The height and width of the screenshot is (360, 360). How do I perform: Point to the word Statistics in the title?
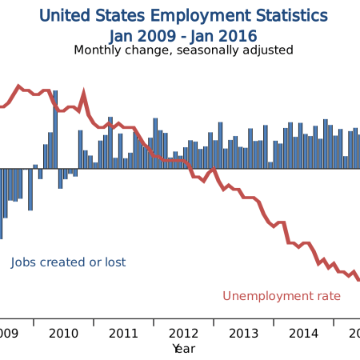pyautogui.click(x=290, y=16)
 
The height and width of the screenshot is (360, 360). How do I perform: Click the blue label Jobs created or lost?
pyautogui.click(x=68, y=262)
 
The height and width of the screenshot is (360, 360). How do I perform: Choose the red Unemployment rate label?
pyautogui.click(x=282, y=296)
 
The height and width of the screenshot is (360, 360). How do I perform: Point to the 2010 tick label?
pyautogui.click(x=63, y=333)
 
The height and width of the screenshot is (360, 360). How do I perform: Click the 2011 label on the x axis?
pyautogui.click(x=123, y=333)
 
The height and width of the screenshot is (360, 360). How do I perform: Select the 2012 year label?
pyautogui.click(x=183, y=333)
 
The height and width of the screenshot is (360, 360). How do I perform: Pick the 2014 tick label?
pyautogui.click(x=303, y=333)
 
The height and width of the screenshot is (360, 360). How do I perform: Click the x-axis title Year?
pyautogui.click(x=183, y=348)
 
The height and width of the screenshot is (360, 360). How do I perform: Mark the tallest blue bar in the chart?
pyautogui.click(x=55, y=128)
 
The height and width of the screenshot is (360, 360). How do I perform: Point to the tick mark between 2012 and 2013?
pyautogui.click(x=214, y=322)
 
